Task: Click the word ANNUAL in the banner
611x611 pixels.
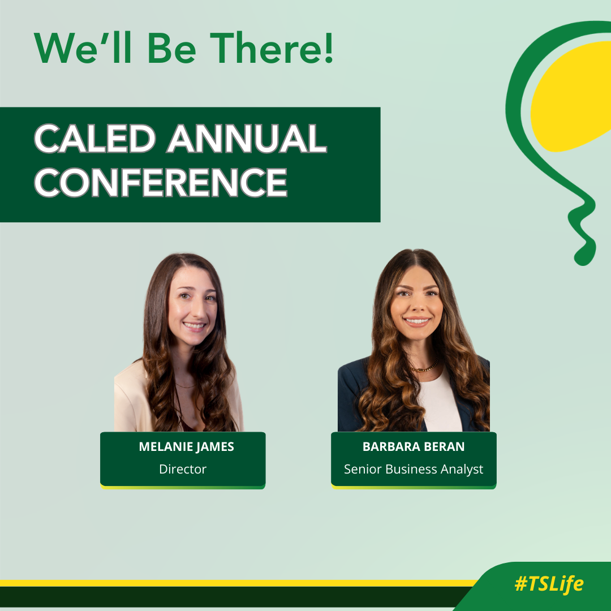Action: pyautogui.click(x=246, y=139)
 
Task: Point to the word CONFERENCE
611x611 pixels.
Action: pyautogui.click(x=161, y=182)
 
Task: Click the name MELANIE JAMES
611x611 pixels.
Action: pyautogui.click(x=186, y=447)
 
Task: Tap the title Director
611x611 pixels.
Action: pyautogui.click(x=183, y=469)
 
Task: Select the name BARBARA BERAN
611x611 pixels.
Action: pyautogui.click(x=414, y=447)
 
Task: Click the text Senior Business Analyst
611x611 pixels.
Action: pyautogui.click(x=414, y=469)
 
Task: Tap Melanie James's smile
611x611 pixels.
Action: pyautogui.click(x=194, y=326)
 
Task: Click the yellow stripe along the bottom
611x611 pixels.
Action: pyautogui.click(x=226, y=583)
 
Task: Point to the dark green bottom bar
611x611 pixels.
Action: pyautogui.click(x=226, y=596)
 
